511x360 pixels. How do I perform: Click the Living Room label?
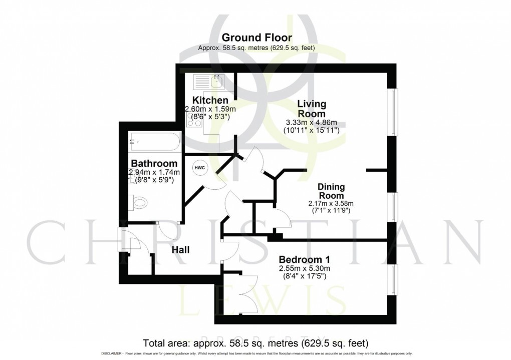pos(312,109)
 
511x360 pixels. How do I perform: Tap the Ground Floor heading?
pos(257,38)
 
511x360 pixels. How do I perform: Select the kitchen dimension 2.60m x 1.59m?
pos(210,109)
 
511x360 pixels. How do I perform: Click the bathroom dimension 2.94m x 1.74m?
pos(153,172)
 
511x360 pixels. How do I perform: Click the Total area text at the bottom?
pos(255,343)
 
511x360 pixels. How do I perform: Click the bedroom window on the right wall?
pos(394,279)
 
